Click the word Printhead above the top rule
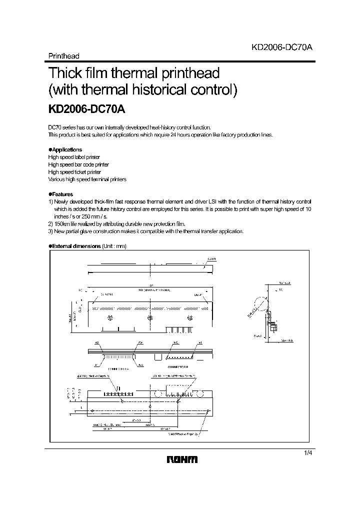(x=63, y=56)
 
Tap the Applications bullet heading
(x=65, y=149)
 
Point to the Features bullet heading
(x=61, y=194)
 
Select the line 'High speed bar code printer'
(x=78, y=164)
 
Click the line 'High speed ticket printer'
(x=74, y=171)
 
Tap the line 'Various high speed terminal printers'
(x=87, y=179)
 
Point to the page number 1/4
(x=306, y=452)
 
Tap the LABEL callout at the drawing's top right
(x=211, y=259)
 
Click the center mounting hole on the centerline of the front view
(x=150, y=317)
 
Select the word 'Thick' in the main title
(x=65, y=73)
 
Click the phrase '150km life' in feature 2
(x=66, y=224)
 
